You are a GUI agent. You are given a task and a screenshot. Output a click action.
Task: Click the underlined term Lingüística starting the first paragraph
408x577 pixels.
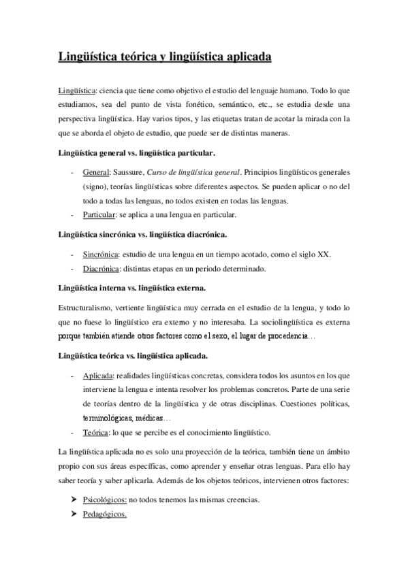coord(76,89)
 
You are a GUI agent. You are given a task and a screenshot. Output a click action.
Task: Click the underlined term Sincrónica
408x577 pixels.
coord(101,254)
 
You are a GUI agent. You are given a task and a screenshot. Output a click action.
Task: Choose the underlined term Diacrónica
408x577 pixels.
coord(101,269)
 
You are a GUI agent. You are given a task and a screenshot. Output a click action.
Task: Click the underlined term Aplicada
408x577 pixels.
coord(98,376)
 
